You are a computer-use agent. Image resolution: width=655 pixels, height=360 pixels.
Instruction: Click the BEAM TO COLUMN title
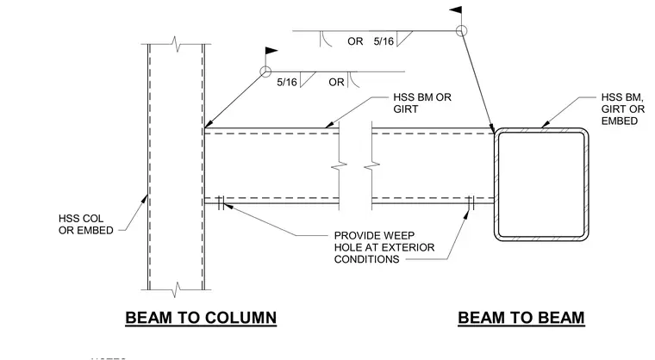click(x=201, y=318)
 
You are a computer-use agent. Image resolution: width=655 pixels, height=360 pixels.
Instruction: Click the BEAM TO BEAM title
click(x=521, y=318)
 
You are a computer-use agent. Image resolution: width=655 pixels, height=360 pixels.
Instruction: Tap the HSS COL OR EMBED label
click(x=86, y=224)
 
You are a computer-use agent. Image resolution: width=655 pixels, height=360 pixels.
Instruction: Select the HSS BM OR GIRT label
click(x=422, y=103)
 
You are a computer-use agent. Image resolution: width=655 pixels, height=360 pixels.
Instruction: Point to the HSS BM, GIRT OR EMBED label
click(x=623, y=109)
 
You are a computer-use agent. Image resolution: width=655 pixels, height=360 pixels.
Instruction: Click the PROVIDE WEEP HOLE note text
click(x=384, y=247)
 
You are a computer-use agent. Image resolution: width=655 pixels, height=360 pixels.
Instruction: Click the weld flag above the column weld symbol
click(x=271, y=51)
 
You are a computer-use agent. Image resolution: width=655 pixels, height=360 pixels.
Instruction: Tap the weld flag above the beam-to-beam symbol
click(x=455, y=10)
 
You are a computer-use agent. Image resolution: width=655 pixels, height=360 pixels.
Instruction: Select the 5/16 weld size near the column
click(x=286, y=83)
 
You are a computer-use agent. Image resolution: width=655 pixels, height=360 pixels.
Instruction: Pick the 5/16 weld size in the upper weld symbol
click(x=384, y=41)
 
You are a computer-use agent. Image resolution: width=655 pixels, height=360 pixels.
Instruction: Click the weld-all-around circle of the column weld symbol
click(x=265, y=71)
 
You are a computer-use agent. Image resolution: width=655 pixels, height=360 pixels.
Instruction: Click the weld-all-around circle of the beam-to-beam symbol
click(x=461, y=30)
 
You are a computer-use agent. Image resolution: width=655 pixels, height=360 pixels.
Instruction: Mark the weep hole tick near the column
click(x=221, y=203)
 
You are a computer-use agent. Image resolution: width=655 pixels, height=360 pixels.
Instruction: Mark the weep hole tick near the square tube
click(x=471, y=203)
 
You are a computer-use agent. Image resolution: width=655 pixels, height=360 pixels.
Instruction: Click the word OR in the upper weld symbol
click(x=355, y=41)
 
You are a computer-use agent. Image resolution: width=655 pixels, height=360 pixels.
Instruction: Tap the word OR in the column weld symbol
click(x=336, y=83)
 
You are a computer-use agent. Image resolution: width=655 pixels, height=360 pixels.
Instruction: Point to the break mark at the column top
click(x=178, y=44)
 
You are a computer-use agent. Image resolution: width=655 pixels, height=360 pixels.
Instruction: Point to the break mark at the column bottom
click(x=178, y=289)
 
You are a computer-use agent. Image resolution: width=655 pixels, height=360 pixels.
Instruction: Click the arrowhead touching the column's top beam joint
click(x=208, y=124)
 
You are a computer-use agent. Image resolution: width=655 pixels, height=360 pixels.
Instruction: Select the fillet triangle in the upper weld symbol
click(x=402, y=38)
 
